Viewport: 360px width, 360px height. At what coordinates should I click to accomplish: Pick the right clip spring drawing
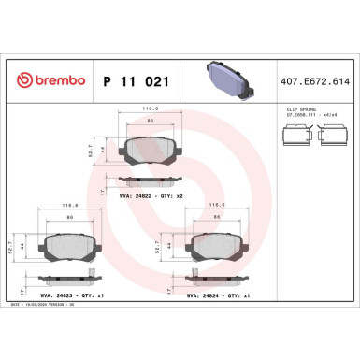[334, 137]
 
